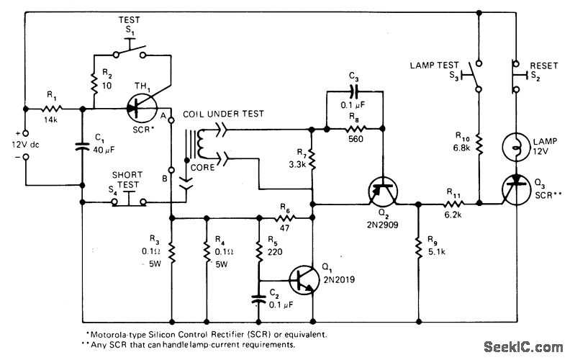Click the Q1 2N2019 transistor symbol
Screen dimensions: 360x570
(303, 279)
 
